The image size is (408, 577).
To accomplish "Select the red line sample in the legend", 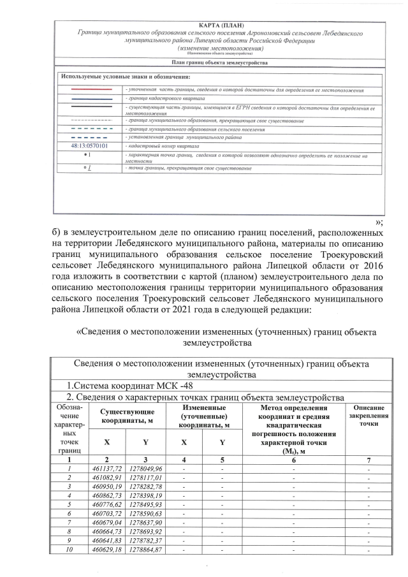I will tap(90, 91).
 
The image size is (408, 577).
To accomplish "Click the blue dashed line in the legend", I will tap(90, 137).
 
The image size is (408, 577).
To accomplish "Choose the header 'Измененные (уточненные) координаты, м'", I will tap(204, 416).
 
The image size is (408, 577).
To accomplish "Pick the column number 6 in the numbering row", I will tap(294, 458).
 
